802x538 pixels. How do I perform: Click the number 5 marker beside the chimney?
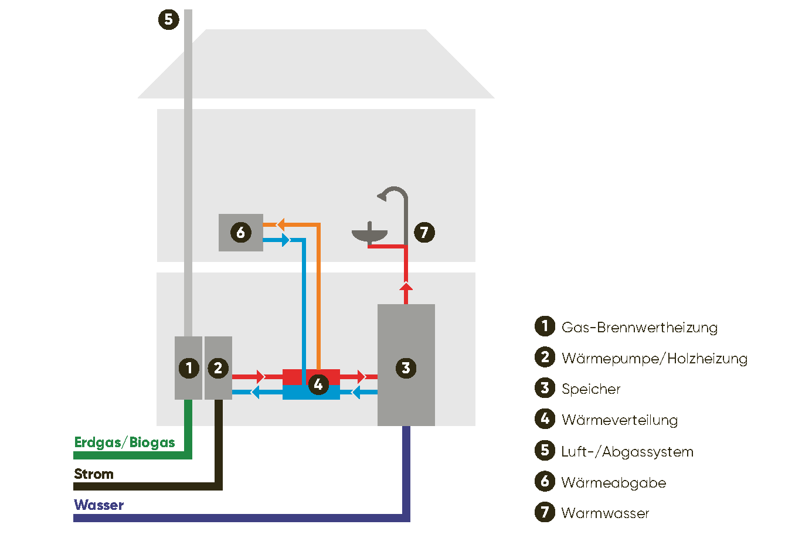[168, 19]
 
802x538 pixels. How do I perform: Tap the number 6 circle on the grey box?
[240, 233]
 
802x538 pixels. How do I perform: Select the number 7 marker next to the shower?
[424, 233]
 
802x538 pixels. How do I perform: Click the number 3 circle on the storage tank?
[406, 368]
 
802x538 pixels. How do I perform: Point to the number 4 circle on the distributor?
[318, 384]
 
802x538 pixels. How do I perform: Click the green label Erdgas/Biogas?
[124, 442]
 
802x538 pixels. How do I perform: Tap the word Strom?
[94, 474]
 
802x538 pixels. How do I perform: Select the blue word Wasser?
[98, 505]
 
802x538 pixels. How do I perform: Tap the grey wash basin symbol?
[369, 235]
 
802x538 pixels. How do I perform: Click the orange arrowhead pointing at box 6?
[281, 224]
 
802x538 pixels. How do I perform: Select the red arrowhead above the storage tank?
[406, 286]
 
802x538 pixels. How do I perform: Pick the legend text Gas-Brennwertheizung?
[639, 327]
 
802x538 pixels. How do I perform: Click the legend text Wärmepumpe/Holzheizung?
[654, 358]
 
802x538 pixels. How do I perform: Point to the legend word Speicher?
[590, 389]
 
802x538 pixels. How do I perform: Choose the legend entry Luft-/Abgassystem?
[627, 451]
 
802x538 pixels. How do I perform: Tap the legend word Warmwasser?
[605, 513]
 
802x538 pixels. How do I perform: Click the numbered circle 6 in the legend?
[545, 482]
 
